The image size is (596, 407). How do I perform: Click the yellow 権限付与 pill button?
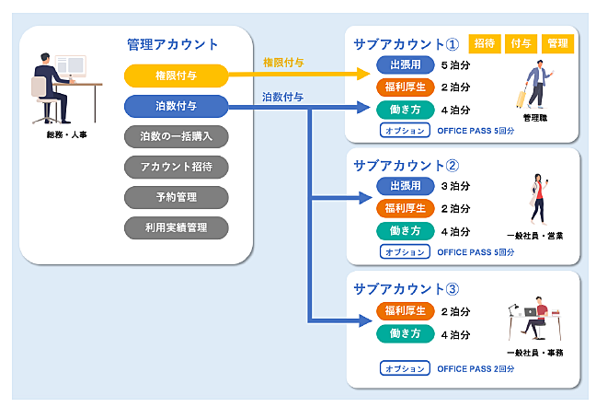point(176,76)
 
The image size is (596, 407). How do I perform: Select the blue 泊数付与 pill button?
point(176,106)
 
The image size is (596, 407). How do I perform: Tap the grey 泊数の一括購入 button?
point(176,136)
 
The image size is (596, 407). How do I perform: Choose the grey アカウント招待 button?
point(176,167)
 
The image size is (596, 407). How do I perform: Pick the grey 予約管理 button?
point(176,197)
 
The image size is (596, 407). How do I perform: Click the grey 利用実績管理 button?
point(176,227)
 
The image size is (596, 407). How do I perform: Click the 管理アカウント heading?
point(172,44)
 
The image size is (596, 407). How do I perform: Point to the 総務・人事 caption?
point(67,134)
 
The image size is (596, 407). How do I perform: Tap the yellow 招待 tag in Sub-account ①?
point(485,43)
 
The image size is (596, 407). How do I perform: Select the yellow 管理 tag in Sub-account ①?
point(557,43)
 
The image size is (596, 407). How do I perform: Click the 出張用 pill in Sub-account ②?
point(406,186)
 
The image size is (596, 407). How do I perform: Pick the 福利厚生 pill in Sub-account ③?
point(406,311)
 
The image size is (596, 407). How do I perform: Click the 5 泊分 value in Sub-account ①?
point(455,65)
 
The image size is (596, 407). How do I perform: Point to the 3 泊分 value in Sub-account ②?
point(455,186)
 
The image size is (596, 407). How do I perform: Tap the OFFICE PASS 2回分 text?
point(476,368)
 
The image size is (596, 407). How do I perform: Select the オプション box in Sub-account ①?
point(405,130)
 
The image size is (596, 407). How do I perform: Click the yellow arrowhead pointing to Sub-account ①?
point(363,74)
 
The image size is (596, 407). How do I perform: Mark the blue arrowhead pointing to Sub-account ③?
point(365,320)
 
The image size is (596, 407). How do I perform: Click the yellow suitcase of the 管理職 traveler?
point(521,99)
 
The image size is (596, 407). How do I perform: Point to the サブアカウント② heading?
point(406,166)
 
